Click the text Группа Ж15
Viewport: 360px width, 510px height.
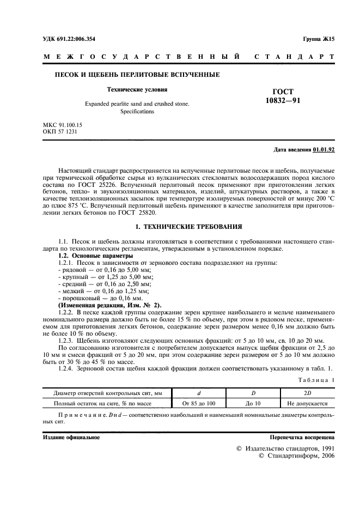pos(319,39)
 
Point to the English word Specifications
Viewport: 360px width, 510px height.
pos(137,112)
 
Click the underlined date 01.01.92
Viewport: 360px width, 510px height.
pos(325,149)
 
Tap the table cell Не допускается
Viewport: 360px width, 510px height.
pos(307,404)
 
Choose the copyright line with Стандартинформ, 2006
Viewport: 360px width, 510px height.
pos(297,456)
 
